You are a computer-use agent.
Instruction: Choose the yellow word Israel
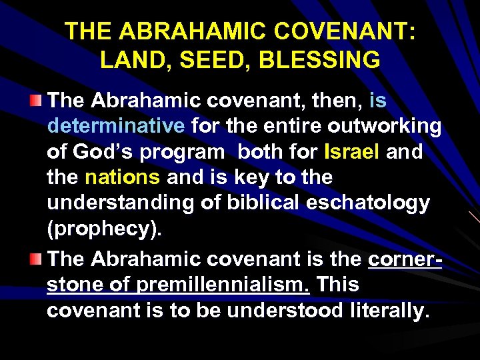[351, 152]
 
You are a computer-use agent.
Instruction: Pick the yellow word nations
[123, 177]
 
